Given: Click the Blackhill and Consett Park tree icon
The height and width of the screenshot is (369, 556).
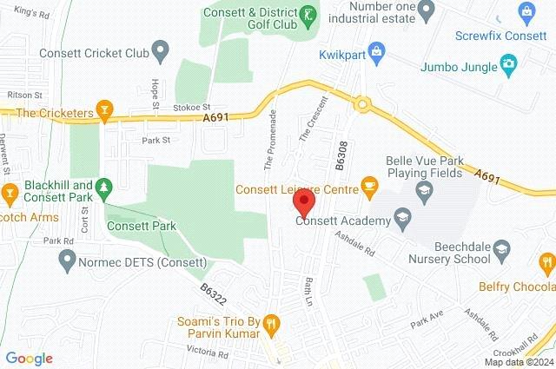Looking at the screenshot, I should click(x=104, y=186).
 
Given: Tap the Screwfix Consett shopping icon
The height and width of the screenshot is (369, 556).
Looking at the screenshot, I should click(x=526, y=10).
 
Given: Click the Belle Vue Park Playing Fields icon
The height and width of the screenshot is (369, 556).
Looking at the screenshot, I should click(x=423, y=189).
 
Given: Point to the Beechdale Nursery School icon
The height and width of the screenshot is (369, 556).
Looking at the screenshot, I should click(x=501, y=252).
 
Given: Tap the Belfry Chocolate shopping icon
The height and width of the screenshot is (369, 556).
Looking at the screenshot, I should click(x=546, y=261).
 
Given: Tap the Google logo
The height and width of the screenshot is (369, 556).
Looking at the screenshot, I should click(x=29, y=359).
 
